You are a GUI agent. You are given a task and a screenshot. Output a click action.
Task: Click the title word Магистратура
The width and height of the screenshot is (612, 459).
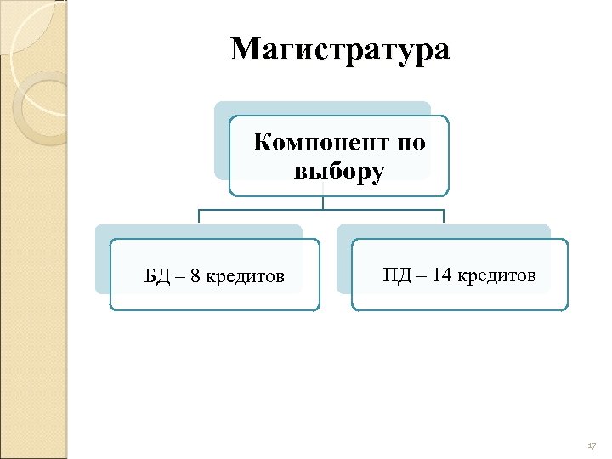click(340, 50)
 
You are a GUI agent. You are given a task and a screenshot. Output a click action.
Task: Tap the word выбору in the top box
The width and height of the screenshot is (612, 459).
click(339, 172)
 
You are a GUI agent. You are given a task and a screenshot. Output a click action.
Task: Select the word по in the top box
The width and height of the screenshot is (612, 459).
click(410, 142)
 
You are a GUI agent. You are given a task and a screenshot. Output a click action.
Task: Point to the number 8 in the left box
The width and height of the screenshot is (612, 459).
click(195, 276)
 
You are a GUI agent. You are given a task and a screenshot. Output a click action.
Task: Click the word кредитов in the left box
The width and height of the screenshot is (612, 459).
click(246, 276)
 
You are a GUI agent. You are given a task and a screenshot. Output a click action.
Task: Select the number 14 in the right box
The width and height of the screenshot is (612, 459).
click(441, 275)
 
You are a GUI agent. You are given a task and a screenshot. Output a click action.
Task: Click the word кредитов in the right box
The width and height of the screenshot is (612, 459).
click(496, 275)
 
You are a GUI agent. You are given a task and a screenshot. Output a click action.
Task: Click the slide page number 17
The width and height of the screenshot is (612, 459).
click(592, 446)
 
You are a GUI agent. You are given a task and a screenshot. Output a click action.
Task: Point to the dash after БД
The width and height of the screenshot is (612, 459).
click(179, 277)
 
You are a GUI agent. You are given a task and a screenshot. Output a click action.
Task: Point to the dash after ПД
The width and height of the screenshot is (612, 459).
click(419, 276)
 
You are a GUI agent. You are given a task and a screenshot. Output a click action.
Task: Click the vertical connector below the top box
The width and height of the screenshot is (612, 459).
click(323, 202)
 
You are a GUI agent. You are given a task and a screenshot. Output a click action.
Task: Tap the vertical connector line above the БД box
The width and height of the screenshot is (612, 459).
click(199, 216)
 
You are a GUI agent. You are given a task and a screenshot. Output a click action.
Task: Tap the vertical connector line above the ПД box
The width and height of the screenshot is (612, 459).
click(444, 216)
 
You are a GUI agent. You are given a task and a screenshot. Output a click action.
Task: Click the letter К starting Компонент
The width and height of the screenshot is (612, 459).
click(262, 142)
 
